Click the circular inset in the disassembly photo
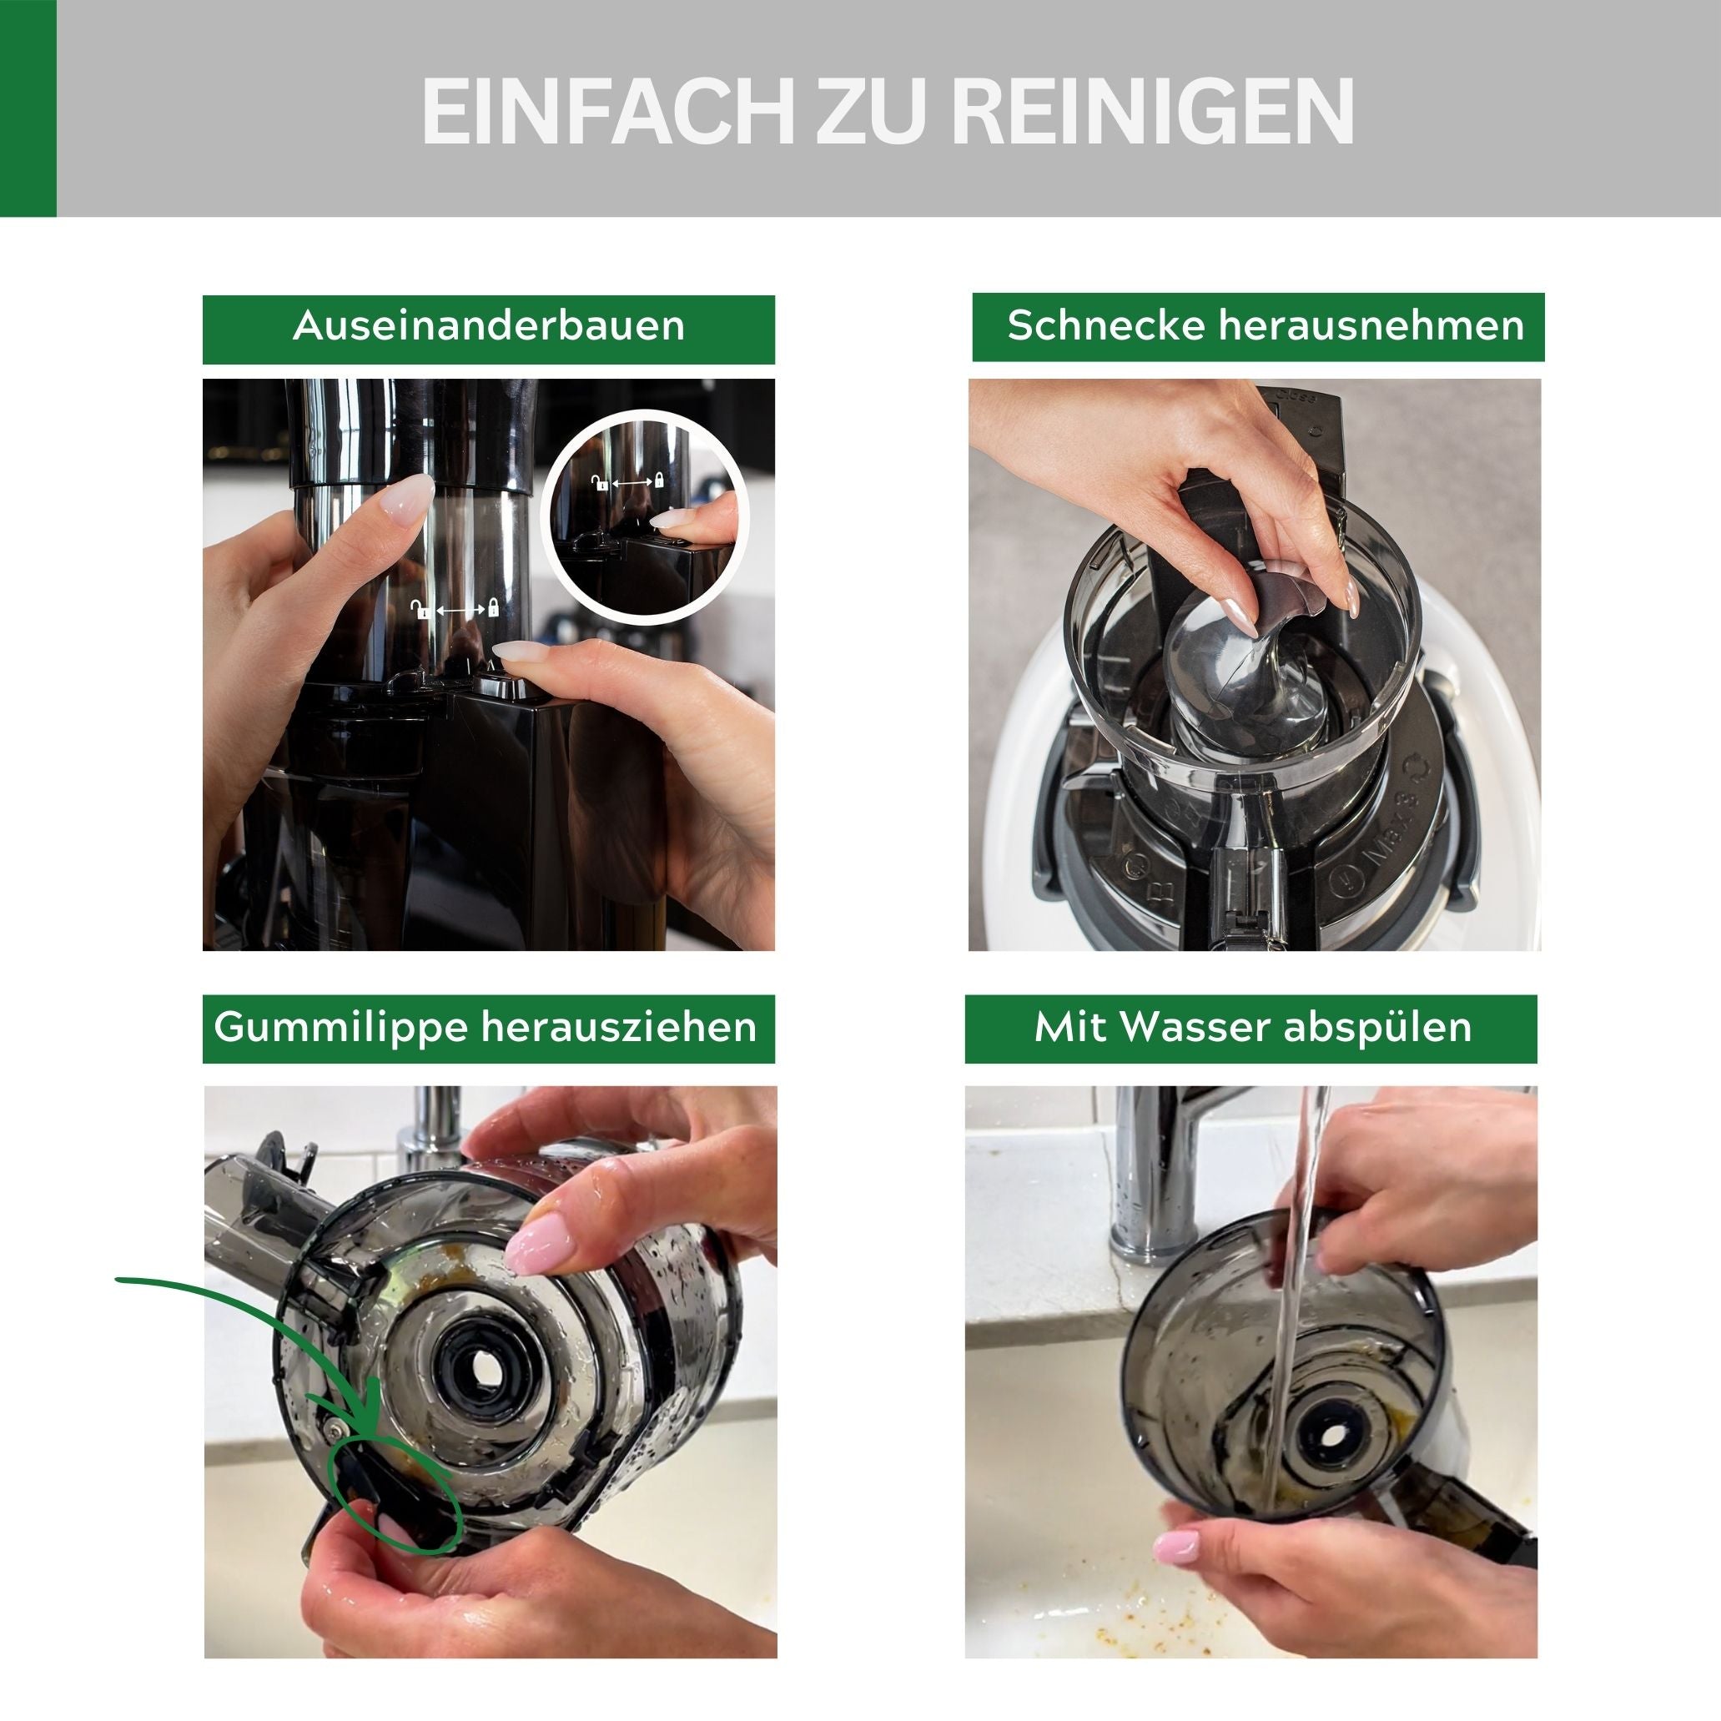[643, 516]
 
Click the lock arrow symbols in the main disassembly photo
[455, 609]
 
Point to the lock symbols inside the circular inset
[629, 482]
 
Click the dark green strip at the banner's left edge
[28, 108]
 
